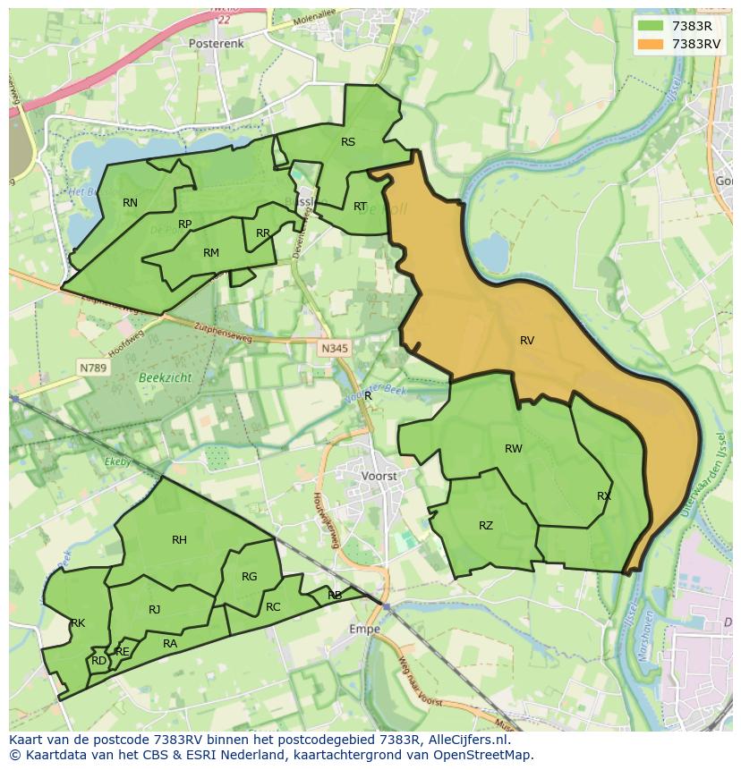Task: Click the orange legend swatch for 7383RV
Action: [x=652, y=44]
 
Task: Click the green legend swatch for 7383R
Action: [x=652, y=26]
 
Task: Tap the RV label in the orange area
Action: [x=527, y=341]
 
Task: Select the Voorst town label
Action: [x=379, y=477]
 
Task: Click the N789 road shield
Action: [x=92, y=368]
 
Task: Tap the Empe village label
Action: [x=364, y=629]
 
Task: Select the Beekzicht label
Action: [x=165, y=378]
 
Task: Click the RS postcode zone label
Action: [x=348, y=142]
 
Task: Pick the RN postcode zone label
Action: [x=131, y=203]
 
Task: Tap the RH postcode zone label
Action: [x=179, y=539]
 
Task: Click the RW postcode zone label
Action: [x=513, y=449]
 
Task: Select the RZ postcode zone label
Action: [x=485, y=526]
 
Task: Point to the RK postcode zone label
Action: [x=78, y=623]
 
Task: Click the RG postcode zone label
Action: [x=249, y=577]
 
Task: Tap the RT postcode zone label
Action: [x=360, y=207]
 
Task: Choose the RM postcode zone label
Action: [x=211, y=253]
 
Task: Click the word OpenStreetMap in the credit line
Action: [x=485, y=755]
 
